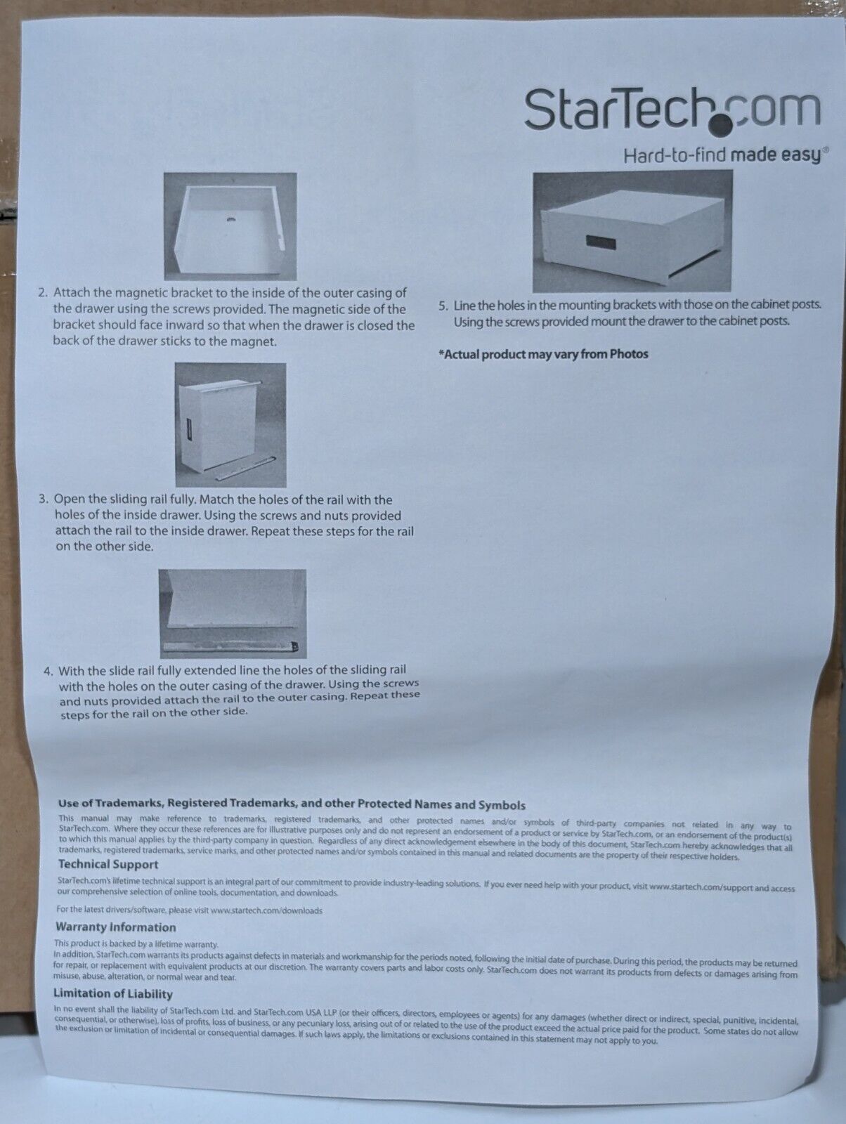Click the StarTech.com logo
672,110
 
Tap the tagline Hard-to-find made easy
722,155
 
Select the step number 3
44,500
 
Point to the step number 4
48,672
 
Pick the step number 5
443,306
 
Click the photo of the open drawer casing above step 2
230,226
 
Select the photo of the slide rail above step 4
233,613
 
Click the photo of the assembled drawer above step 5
632,231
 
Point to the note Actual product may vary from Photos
543,354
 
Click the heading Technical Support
108,865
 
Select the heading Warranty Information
116,927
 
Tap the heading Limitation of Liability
114,994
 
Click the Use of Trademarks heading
292,805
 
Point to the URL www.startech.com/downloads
266,910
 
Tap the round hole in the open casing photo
231,220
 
